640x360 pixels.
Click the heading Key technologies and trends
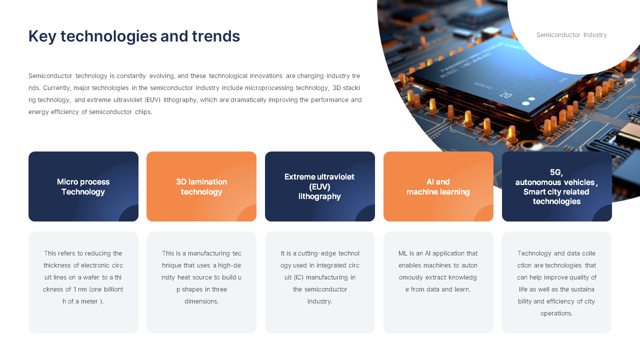coord(134,36)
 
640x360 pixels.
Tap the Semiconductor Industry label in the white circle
coord(571,35)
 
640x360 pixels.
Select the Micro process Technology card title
coord(83,187)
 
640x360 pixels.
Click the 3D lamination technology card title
coord(201,187)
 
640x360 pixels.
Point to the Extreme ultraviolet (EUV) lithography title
coord(319,186)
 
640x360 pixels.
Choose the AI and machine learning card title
coord(438,187)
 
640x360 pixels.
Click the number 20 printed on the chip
coord(505,94)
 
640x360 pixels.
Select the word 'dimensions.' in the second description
coord(201,301)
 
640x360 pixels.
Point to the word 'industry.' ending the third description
coord(320,301)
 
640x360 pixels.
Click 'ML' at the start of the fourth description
coord(403,253)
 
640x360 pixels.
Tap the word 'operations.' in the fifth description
coord(556,313)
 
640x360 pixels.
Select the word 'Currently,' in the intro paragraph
coord(56,88)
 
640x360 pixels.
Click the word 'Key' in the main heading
coord(42,36)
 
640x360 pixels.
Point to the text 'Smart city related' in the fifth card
coord(556,192)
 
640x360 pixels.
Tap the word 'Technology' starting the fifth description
coord(534,253)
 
